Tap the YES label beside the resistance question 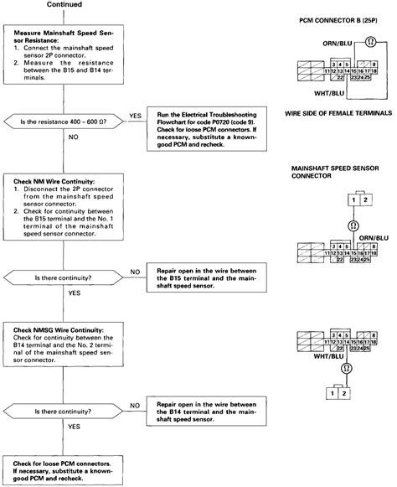[135, 116]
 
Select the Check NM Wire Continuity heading [52, 181]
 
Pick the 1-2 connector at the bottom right [334, 392]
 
